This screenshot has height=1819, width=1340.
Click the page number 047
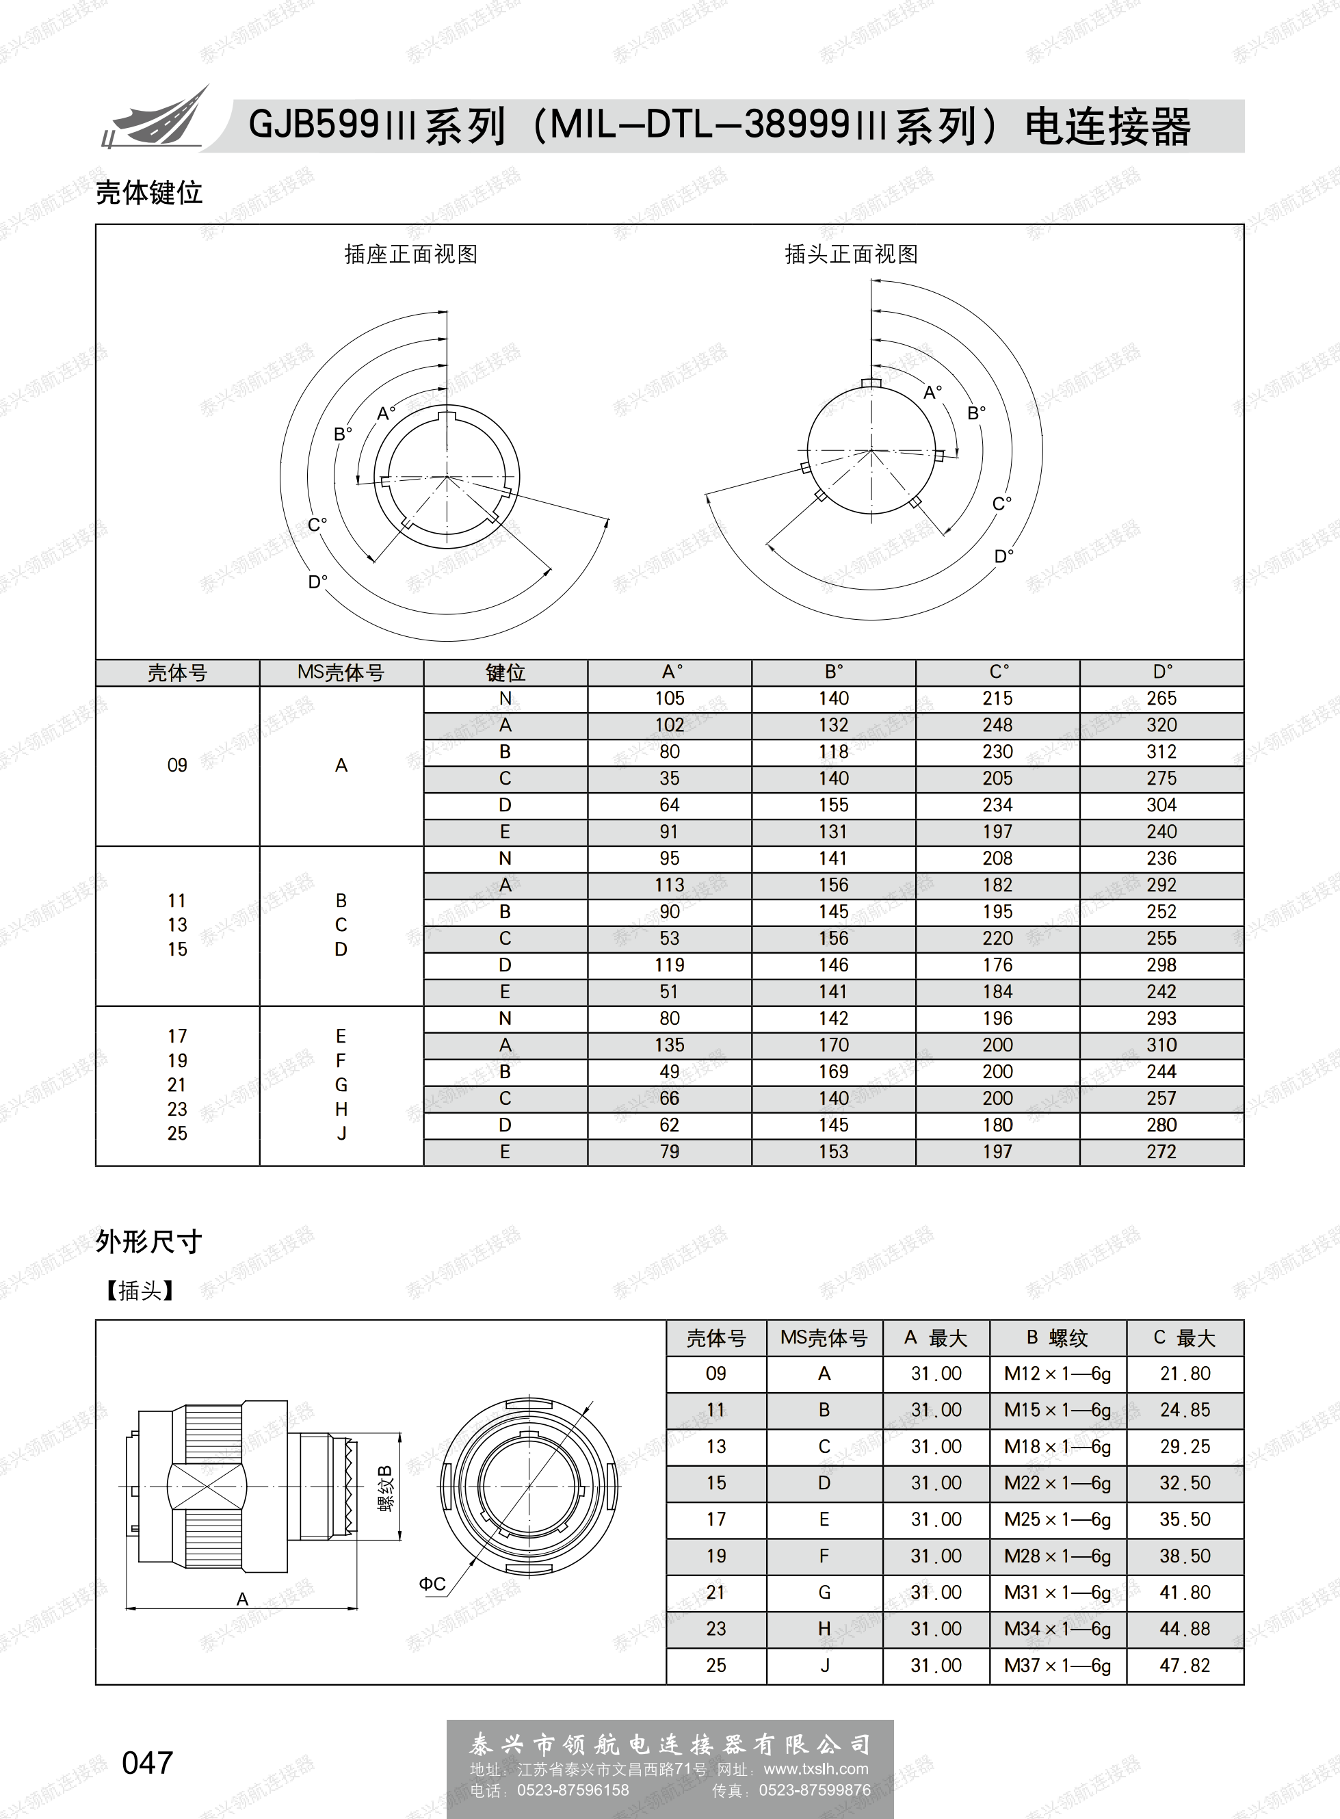coord(147,1762)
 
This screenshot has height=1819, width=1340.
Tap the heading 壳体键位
coord(148,192)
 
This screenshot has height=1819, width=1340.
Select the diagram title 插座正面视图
coord(410,254)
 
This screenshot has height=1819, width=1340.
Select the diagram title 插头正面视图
coord(851,254)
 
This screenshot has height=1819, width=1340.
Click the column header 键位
coord(505,672)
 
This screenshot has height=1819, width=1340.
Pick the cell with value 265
coord(1161,698)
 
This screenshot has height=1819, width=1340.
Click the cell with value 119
coord(669,965)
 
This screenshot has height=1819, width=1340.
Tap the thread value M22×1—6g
coord(1057,1483)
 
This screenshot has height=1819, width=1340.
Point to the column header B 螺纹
coord(1057,1338)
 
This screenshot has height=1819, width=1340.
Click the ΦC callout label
coord(432,1584)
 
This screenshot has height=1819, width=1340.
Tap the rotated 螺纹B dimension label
coord(385,1488)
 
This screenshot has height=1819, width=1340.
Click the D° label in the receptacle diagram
coord(318,581)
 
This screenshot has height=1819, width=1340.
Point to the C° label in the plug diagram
coord(1002,504)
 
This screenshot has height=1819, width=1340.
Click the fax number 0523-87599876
coord(815,1790)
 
